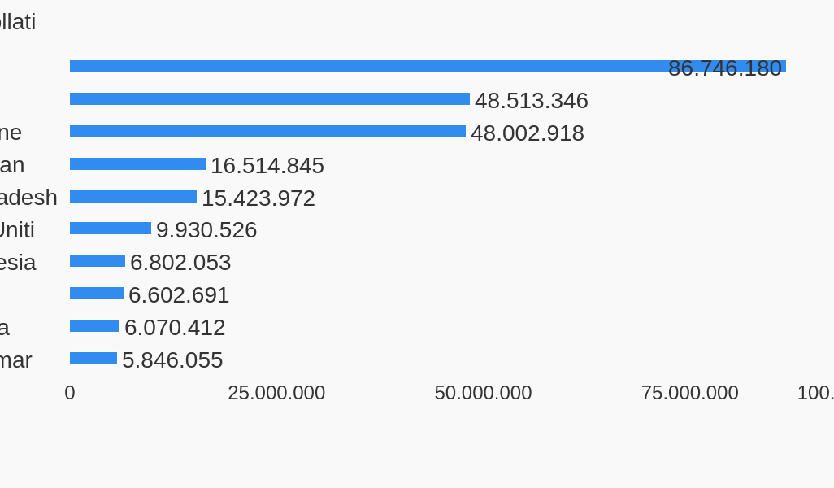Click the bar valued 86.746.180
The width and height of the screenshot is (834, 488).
tap(366, 65)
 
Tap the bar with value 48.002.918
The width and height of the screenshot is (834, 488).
tap(267, 131)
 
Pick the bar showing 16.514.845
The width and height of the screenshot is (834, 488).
tap(137, 163)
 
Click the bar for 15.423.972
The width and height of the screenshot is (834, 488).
tap(133, 196)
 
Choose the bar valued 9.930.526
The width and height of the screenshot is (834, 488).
tap(111, 228)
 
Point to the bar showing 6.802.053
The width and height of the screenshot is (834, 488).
tap(98, 260)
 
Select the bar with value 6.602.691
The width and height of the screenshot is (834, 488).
tap(97, 293)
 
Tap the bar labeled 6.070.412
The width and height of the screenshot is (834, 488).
tap(94, 325)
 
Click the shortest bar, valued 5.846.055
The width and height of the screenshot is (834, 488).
tap(93, 358)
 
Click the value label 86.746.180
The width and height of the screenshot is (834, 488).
tap(724, 68)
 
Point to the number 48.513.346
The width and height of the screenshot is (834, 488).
tap(531, 101)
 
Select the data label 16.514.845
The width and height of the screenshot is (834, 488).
tap(267, 166)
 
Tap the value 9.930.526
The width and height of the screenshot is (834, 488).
tap(206, 230)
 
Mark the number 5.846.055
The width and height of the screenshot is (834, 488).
tap(172, 360)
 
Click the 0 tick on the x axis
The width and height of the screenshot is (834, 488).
tap(70, 393)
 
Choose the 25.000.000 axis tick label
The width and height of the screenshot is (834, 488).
tap(276, 393)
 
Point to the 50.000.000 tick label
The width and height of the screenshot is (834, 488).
tap(483, 393)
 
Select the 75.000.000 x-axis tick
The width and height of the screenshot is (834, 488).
tap(689, 393)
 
